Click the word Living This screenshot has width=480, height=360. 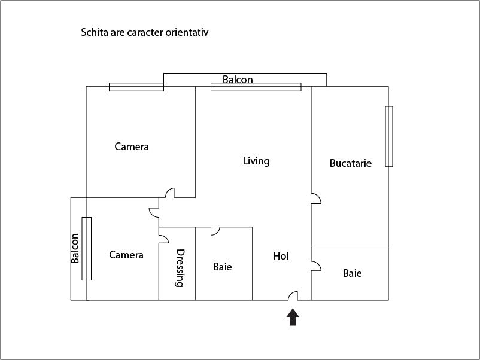[x=256, y=161]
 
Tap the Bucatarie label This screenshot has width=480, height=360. [x=351, y=163]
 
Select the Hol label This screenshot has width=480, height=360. [x=281, y=256]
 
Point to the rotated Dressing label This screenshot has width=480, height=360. [x=179, y=268]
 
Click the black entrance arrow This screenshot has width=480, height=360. [x=293, y=316]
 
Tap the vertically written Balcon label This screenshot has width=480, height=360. [x=75, y=248]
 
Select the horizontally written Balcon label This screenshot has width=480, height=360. [x=238, y=79]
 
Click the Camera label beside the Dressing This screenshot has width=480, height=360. [x=126, y=255]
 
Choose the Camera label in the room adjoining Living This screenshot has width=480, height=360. [x=132, y=147]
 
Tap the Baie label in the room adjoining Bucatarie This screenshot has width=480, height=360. [x=352, y=273]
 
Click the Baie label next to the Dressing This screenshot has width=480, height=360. [x=223, y=267]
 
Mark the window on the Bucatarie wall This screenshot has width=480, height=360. [x=389, y=136]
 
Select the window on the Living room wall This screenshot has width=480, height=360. [x=256, y=87]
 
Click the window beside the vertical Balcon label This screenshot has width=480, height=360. [x=87, y=248]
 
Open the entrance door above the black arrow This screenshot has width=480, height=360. [x=293, y=296]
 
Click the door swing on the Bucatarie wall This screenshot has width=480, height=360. [x=315, y=199]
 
